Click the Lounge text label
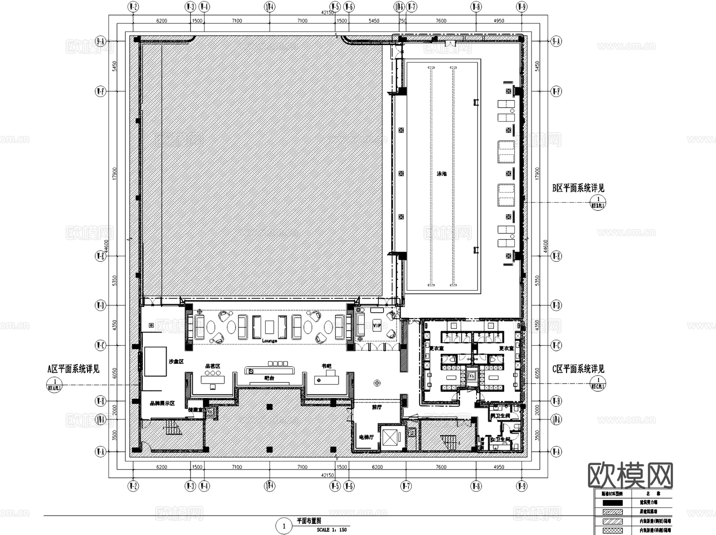pyautogui.click(x=269, y=341)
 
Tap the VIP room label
pyautogui.click(x=377, y=326)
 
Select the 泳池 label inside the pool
pyautogui.click(x=442, y=174)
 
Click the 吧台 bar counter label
pyautogui.click(x=269, y=378)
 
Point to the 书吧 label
pyautogui.click(x=327, y=366)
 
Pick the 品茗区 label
pyautogui.click(x=212, y=366)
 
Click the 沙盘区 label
pyautogui.click(x=176, y=361)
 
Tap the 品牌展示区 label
pyautogui.click(x=162, y=403)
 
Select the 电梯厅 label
pyautogui.click(x=366, y=437)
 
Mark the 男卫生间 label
pyautogui.click(x=500, y=416)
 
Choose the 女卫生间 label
pyautogui.click(x=500, y=440)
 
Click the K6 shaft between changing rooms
pyautogui.click(x=472, y=376)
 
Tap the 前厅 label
pyautogui.click(x=376, y=407)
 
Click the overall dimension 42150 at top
pyautogui.click(x=327, y=13)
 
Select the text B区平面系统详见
pyautogui.click(x=578, y=188)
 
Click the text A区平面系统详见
pyautogui.click(x=74, y=369)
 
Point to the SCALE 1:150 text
pyautogui.click(x=331, y=529)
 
